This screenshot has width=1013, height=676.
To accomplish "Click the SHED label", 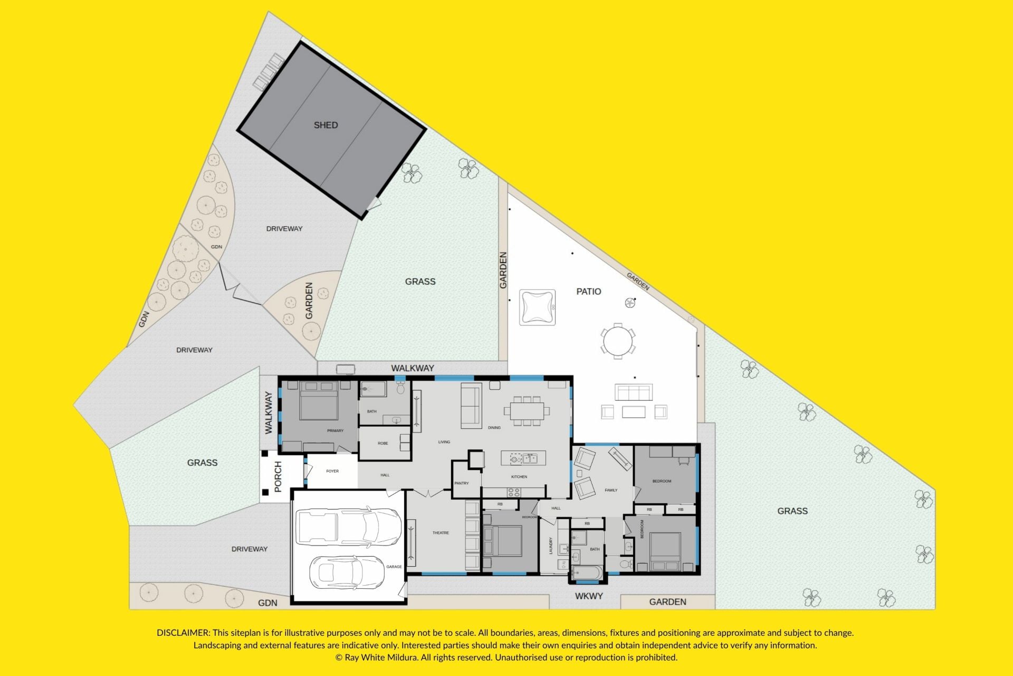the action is [x=326, y=125].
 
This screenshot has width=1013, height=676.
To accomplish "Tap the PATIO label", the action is [x=588, y=292].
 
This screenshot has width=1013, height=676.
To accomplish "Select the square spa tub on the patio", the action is [x=537, y=307].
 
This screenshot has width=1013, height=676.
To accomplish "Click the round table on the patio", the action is [x=617, y=341].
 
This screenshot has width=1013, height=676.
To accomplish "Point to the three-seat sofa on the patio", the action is [x=634, y=392].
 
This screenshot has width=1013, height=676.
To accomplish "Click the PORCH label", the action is [x=278, y=476].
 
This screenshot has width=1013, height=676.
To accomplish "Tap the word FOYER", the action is [x=332, y=471].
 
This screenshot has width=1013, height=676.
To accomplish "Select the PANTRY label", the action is [x=462, y=483].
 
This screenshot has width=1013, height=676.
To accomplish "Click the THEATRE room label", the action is [x=441, y=533].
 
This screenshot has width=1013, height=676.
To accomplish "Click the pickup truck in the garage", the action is [x=348, y=527].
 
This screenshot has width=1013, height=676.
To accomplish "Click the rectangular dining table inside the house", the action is [x=527, y=410].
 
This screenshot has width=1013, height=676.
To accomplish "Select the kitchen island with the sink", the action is [x=523, y=458].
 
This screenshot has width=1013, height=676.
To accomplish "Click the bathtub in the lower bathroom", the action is [x=587, y=572].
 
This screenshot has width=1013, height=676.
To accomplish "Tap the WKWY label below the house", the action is [x=589, y=596].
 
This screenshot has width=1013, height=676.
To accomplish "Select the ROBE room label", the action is [x=383, y=444].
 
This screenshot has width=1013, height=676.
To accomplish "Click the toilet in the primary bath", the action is [x=400, y=388].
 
